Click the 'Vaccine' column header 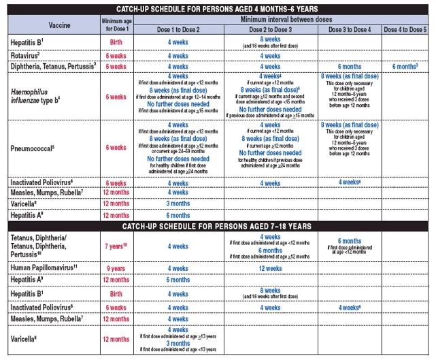(50, 24)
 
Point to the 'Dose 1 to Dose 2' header (178, 31)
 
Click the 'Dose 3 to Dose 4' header (350, 31)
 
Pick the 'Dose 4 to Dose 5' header (405, 31)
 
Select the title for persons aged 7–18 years (217, 225)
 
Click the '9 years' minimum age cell (115, 268)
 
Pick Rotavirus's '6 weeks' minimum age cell (115, 55)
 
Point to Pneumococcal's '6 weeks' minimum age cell (115, 148)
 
